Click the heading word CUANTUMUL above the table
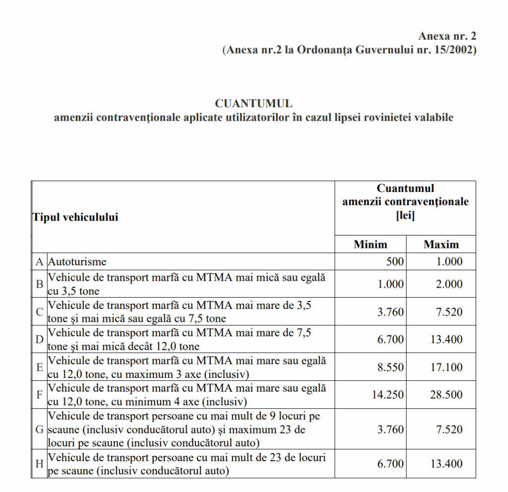point(254,104)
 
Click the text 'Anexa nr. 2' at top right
point(447,36)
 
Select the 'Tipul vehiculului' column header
point(75,217)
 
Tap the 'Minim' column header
point(370,244)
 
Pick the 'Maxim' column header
point(441,244)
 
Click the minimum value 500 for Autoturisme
point(395,261)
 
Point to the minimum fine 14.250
point(388,395)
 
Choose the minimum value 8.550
point(390,367)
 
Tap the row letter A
point(39,261)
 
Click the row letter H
point(39,464)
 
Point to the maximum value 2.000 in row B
point(449,284)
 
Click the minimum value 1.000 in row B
point(390,284)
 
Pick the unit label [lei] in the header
point(405,216)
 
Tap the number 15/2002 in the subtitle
point(454,50)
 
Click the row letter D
point(39,340)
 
